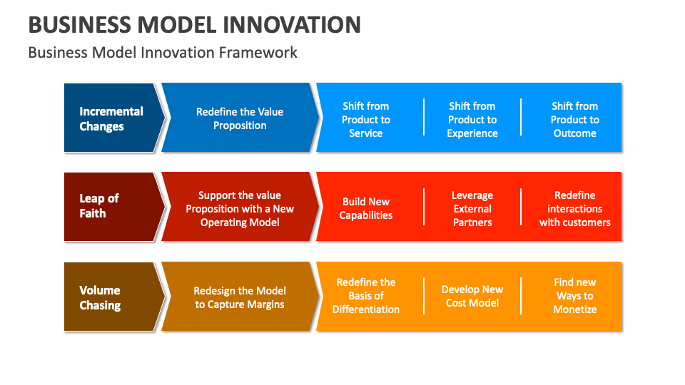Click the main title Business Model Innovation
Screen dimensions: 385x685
[194, 24]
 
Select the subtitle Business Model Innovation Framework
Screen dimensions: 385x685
[163, 53]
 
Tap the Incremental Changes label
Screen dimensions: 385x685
[111, 118]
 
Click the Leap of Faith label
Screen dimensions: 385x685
[99, 206]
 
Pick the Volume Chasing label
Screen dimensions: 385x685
[100, 297]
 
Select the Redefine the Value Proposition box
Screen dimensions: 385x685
[240, 118]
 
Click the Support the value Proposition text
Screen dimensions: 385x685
[240, 208]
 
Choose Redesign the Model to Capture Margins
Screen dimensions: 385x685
[240, 297]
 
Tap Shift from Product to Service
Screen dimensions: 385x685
[366, 119]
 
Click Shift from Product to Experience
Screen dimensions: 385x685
[472, 119]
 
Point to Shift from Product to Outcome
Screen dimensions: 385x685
[574, 119]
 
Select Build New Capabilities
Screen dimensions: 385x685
[366, 208]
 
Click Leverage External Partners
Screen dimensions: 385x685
[472, 208]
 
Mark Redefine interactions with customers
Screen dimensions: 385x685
[574, 208]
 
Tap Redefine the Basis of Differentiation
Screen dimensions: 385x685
[366, 296]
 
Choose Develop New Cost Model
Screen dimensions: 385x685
[472, 296]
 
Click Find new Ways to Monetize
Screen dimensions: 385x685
[574, 296]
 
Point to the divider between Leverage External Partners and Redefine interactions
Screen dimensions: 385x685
[521, 207]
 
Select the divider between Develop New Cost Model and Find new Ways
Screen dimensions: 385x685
[521, 297]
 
